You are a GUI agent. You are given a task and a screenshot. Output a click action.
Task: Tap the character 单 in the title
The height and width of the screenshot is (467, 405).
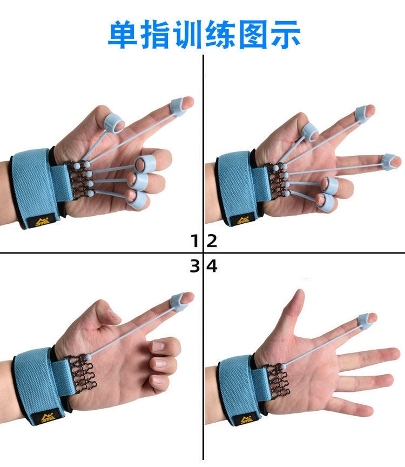(123, 34)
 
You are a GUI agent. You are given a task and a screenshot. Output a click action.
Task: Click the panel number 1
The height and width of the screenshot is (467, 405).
(194, 241)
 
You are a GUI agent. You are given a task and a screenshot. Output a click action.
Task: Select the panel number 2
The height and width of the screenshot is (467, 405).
(212, 241)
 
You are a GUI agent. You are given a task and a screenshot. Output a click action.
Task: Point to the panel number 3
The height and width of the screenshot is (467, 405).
(194, 266)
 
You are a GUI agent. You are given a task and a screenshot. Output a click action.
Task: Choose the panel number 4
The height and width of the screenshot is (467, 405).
(212, 266)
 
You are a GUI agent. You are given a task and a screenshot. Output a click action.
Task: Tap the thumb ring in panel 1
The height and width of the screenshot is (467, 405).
(113, 123)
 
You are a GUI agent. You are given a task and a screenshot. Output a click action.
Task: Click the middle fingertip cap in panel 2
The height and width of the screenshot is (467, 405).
(388, 160)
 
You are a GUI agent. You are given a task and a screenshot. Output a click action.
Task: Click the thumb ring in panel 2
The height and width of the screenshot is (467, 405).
(310, 131)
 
